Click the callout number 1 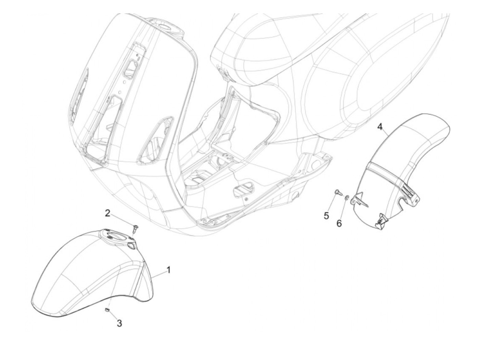(x=168, y=271)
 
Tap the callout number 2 (x=107, y=213)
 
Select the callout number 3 (x=119, y=323)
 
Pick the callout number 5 (x=326, y=216)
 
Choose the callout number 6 (x=339, y=223)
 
